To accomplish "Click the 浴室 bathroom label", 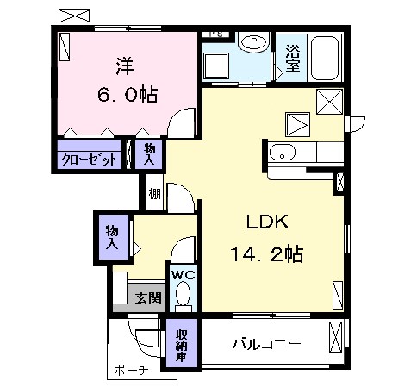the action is [x=293, y=59].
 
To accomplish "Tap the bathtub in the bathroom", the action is [x=325, y=58].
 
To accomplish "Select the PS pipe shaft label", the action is [x=216, y=34].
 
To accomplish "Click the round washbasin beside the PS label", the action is [x=254, y=42].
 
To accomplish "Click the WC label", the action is [x=184, y=275].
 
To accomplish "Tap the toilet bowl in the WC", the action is [x=184, y=294].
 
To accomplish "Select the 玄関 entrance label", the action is [x=149, y=297].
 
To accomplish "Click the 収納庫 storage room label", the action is [x=182, y=346].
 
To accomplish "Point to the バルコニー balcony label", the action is [x=267, y=344].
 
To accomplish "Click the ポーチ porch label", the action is [x=131, y=370].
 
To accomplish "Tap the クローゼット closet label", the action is [x=90, y=159].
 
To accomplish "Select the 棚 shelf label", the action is [x=154, y=194].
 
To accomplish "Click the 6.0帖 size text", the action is [x=128, y=95].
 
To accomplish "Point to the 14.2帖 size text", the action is [x=267, y=253].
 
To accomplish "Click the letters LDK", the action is [x=268, y=222].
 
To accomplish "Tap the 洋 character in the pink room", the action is [x=126, y=66].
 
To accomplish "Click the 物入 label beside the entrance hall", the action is [x=112, y=237].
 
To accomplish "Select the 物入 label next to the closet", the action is [x=149, y=154].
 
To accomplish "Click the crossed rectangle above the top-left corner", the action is [x=74, y=16].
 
